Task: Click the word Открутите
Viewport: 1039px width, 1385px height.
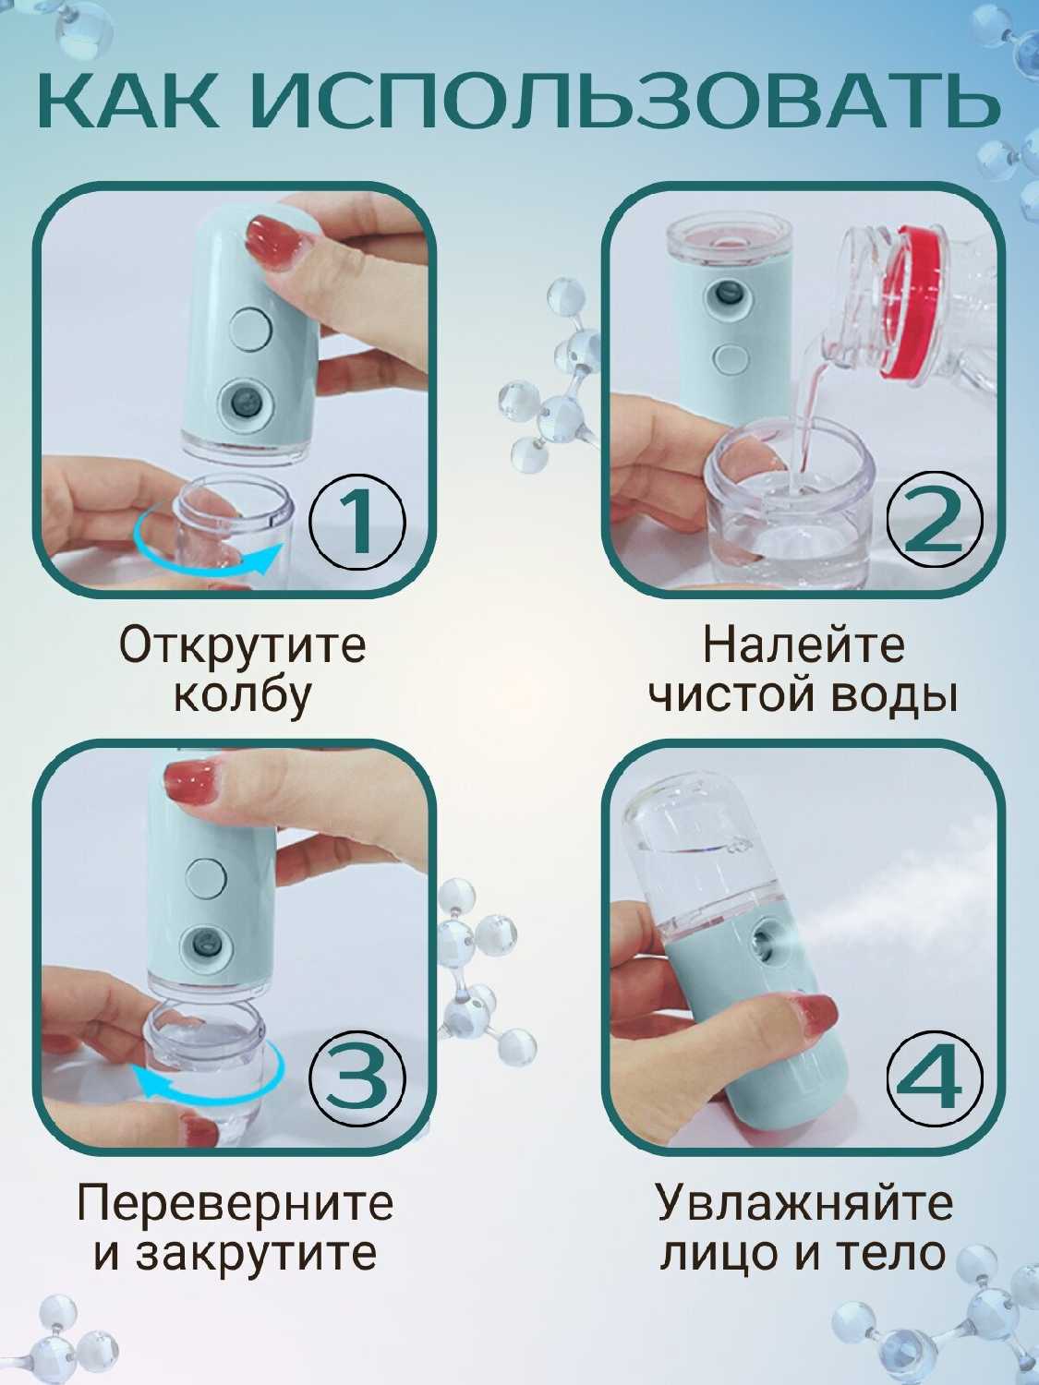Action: (242, 646)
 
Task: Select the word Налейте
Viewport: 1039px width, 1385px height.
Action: (803, 646)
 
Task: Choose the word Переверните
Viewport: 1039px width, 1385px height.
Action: (235, 1203)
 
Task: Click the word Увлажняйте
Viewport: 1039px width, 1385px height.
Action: (803, 1203)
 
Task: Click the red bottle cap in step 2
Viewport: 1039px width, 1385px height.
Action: (913, 305)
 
